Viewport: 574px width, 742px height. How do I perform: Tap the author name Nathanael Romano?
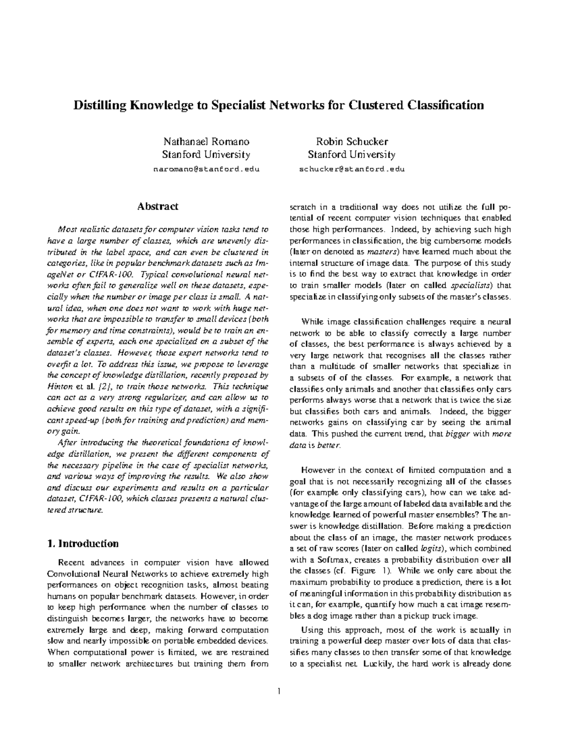tap(206, 142)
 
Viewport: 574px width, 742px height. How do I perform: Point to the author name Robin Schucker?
tap(352, 142)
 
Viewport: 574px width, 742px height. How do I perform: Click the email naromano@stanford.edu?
tap(206, 170)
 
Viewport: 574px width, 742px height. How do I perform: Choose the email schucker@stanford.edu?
tap(352, 170)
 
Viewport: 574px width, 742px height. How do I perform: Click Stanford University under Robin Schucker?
tap(352, 155)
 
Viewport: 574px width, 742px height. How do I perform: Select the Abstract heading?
tap(158, 206)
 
